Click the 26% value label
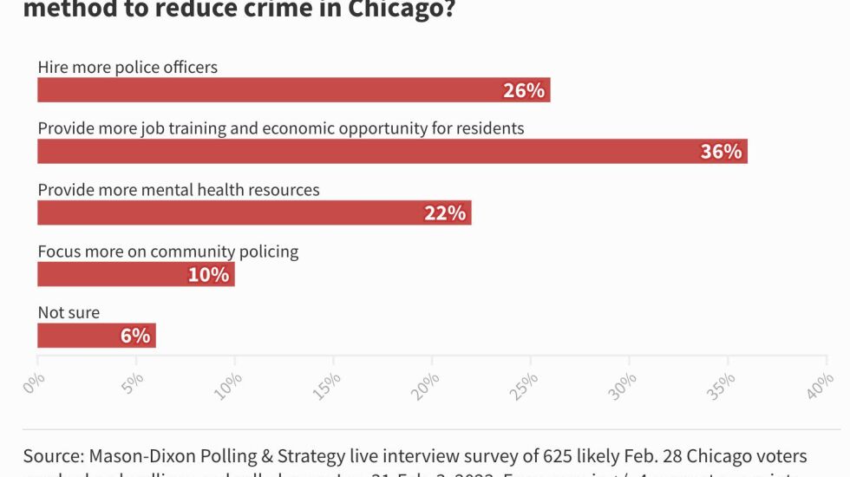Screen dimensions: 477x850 524,90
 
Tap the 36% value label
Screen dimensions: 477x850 722,152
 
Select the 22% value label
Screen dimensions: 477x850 445,213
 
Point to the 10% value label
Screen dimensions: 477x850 209,275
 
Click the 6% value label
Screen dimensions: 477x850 135,336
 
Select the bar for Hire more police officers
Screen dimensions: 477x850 260,90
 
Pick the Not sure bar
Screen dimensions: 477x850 78,336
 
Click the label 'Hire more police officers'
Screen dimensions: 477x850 127,67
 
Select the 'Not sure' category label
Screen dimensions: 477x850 69,312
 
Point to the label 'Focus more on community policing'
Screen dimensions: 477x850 168,252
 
